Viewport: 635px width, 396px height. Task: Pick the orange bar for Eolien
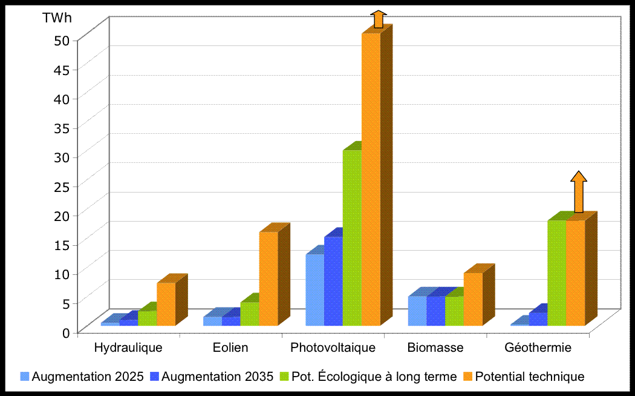(269, 279)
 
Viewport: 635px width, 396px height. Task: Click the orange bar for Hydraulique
(166, 304)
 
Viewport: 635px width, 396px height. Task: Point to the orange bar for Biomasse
(473, 299)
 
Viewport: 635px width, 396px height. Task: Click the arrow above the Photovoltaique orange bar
(378, 19)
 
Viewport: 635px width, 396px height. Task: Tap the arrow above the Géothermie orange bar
(579, 192)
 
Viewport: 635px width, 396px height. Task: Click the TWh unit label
(57, 18)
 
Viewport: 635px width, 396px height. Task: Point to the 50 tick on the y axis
(66, 40)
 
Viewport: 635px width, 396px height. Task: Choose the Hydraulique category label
(129, 348)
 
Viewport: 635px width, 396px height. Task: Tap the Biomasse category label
(435, 348)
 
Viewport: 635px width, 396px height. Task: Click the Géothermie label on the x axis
(538, 348)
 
